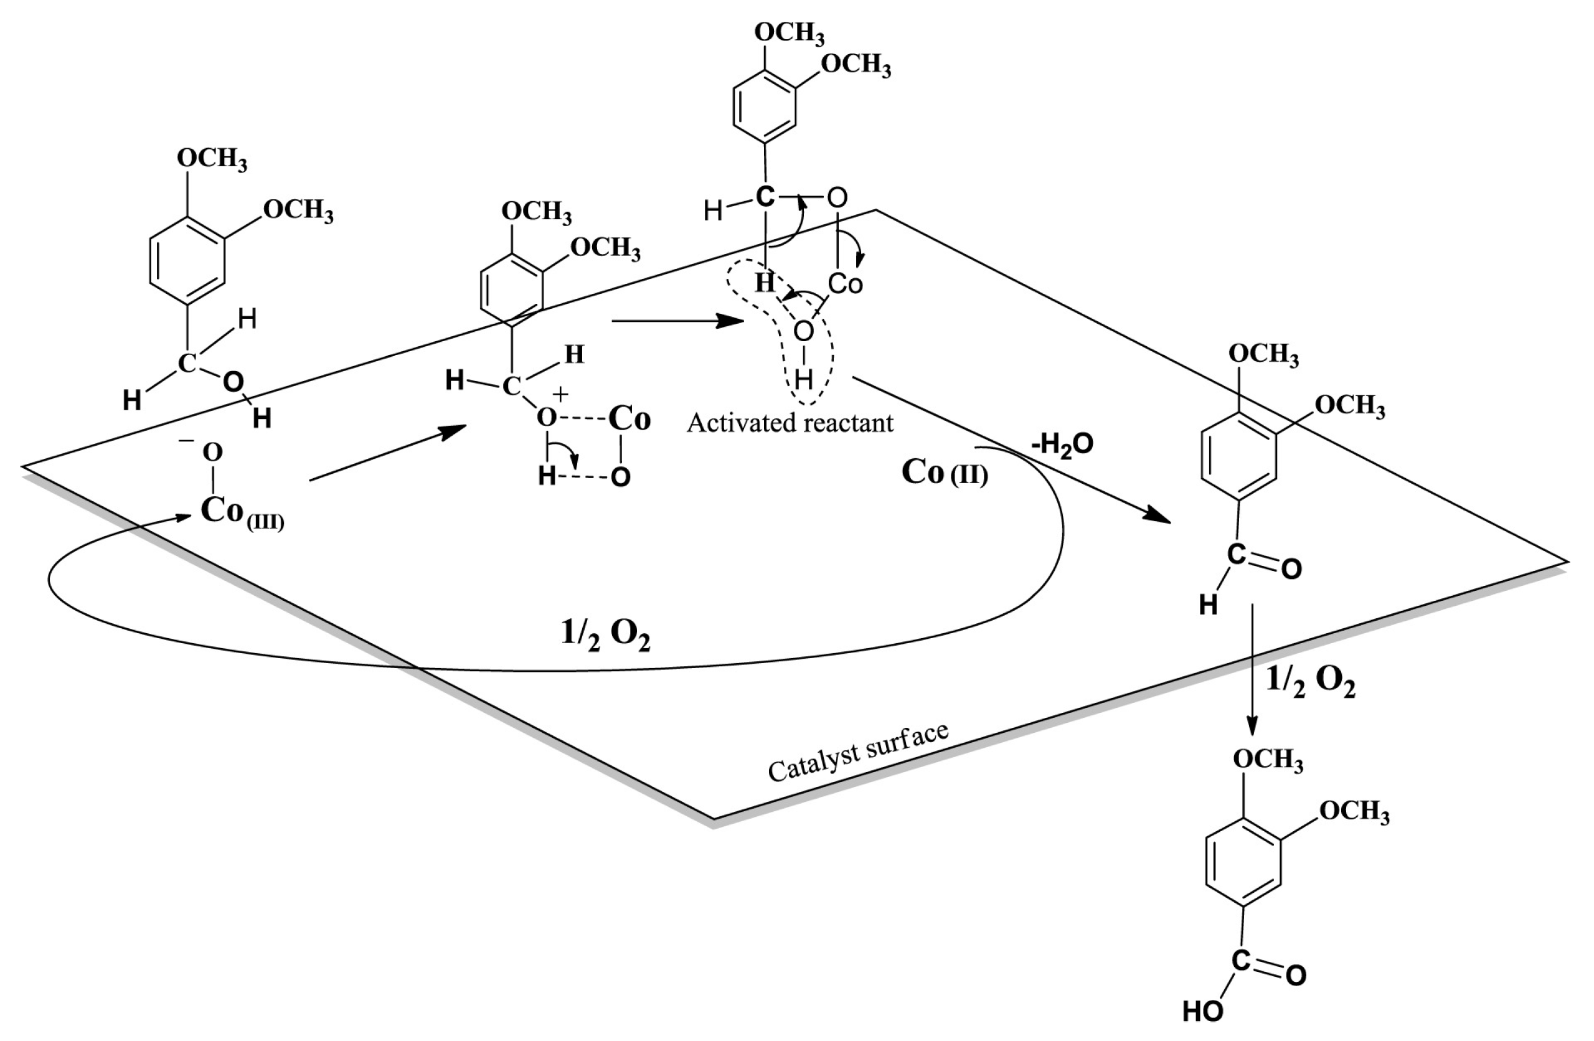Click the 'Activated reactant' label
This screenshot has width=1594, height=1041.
[790, 423]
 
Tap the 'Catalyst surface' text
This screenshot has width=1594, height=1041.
[858, 752]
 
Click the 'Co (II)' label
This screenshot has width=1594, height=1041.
[945, 473]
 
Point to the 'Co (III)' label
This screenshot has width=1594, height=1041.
[241, 513]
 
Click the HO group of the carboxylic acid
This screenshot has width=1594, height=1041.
[1203, 1011]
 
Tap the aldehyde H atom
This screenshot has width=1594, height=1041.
[1207, 605]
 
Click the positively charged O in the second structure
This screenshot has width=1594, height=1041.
[547, 418]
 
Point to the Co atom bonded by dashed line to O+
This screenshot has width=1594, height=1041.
[629, 420]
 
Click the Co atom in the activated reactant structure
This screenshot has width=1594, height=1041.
[845, 284]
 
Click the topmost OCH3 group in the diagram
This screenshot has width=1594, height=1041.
[789, 32]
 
